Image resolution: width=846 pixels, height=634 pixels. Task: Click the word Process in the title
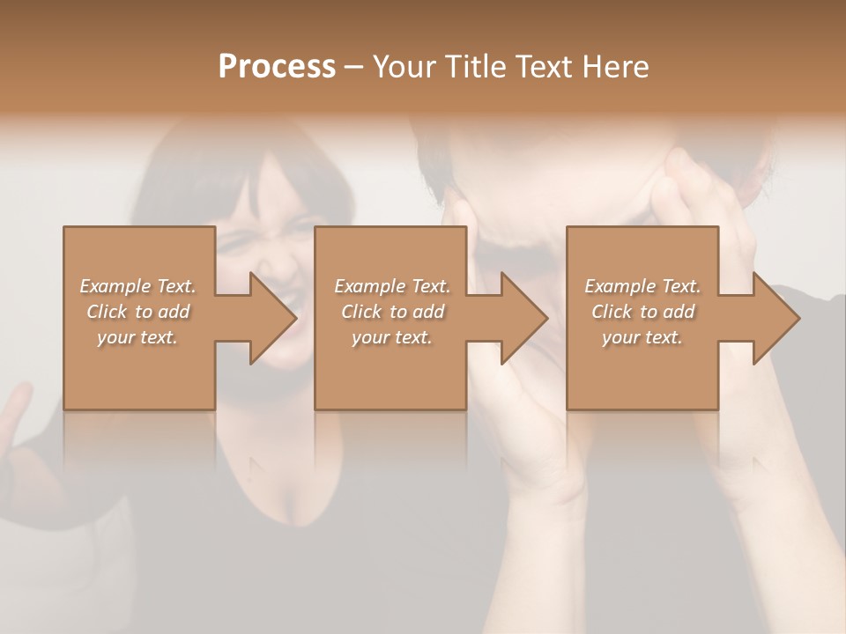tap(277, 67)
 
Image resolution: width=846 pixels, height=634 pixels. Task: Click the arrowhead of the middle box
tap(523, 318)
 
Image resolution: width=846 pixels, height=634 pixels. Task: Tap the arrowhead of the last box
tap(775, 318)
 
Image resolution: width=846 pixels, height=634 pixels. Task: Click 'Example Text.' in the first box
tap(137, 286)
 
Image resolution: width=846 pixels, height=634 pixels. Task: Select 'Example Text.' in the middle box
tap(392, 286)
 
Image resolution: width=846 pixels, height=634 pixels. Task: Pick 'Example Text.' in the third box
tap(642, 286)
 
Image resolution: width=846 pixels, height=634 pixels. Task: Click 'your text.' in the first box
tap(137, 337)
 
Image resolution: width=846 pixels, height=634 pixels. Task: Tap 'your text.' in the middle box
tap(392, 337)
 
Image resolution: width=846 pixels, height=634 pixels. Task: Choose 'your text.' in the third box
tap(642, 337)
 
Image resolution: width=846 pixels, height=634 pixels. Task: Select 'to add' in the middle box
tap(417, 312)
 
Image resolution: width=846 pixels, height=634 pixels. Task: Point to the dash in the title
tap(353, 67)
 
